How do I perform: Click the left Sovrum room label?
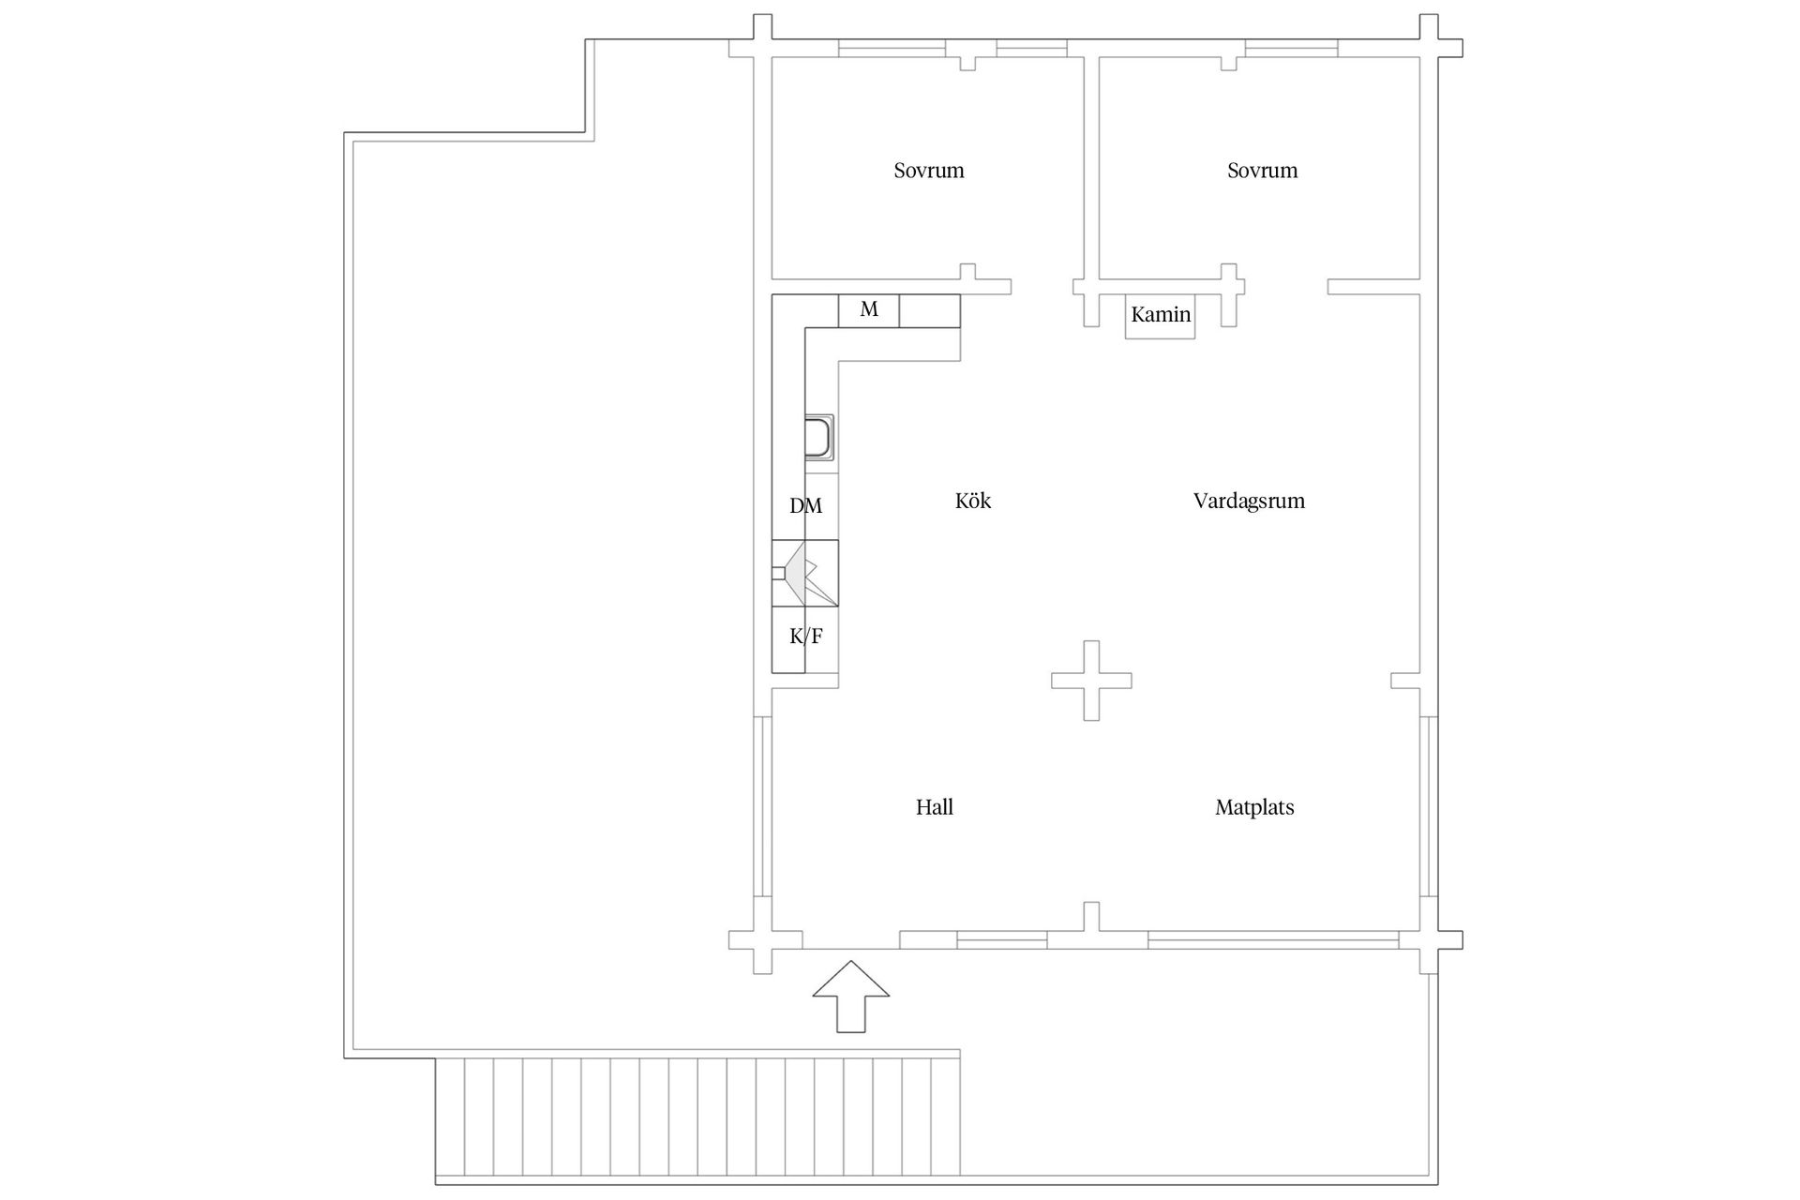928,171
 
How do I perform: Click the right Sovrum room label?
1262,171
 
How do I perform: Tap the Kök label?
973,501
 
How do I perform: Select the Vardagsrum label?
1249,501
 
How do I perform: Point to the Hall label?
935,807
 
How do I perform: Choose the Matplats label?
1254,807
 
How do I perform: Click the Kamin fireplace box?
1161,317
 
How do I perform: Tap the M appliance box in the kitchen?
869,310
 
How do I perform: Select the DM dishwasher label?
805,506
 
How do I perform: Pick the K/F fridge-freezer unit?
805,639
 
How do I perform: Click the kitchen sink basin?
818,437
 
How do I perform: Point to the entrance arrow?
850,997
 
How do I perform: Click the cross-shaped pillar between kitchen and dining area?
1091,681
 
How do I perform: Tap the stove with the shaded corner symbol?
805,573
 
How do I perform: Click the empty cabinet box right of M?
930,310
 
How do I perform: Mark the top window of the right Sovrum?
1292,48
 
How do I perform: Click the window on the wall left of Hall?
763,807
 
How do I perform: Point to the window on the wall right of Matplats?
1429,807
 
